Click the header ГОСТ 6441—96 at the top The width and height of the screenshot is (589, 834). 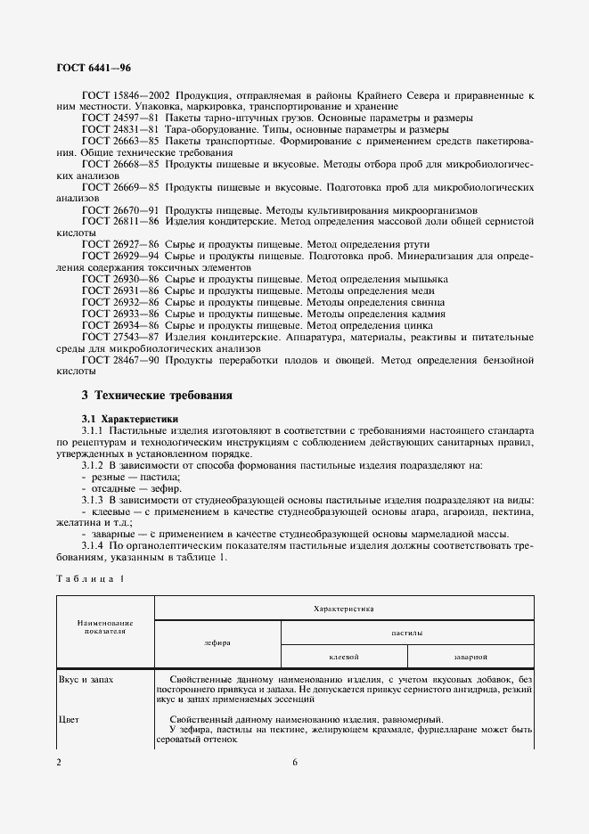94,68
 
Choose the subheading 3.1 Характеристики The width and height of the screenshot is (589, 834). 130,418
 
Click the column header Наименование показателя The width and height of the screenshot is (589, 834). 104,626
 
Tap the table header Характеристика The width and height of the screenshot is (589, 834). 344,607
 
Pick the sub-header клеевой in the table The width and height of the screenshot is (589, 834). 343,656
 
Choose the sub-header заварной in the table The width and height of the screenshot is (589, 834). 470,656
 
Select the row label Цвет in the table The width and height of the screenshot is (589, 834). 70,720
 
